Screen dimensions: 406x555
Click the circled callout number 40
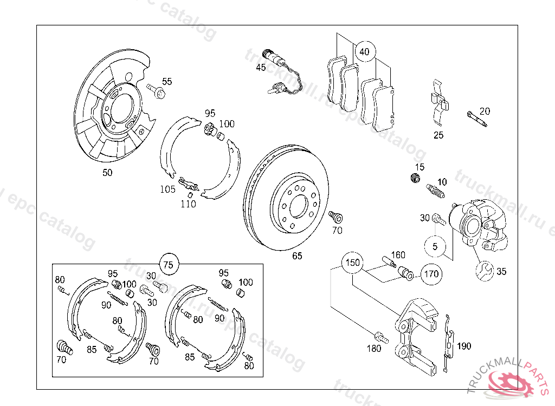coord(364,52)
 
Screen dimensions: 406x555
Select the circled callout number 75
coord(169,265)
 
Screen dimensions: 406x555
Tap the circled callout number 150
coord(353,263)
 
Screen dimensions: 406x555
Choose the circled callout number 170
coord(431,273)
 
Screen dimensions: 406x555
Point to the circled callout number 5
coord(435,246)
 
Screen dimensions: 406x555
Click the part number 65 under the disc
coord(297,256)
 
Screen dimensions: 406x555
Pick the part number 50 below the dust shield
coord(108,173)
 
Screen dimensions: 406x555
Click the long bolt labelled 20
coord(476,119)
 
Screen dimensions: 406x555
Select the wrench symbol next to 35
coord(484,271)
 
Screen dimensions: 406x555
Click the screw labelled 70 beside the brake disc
coord(336,217)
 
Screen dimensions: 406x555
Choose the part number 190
coord(464,346)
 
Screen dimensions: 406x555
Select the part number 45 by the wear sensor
coord(261,68)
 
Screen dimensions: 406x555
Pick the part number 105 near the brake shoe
coord(167,189)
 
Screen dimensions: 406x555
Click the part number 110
coord(188,204)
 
